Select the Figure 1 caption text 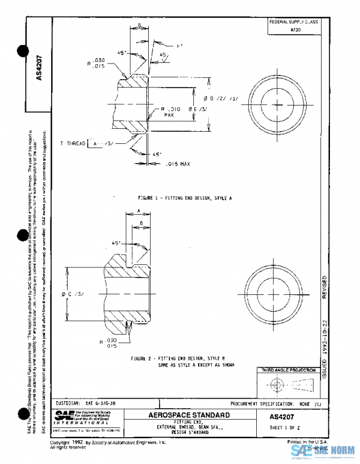pos(184,197)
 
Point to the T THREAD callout pos(73,144)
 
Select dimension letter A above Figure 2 pos(139,211)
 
